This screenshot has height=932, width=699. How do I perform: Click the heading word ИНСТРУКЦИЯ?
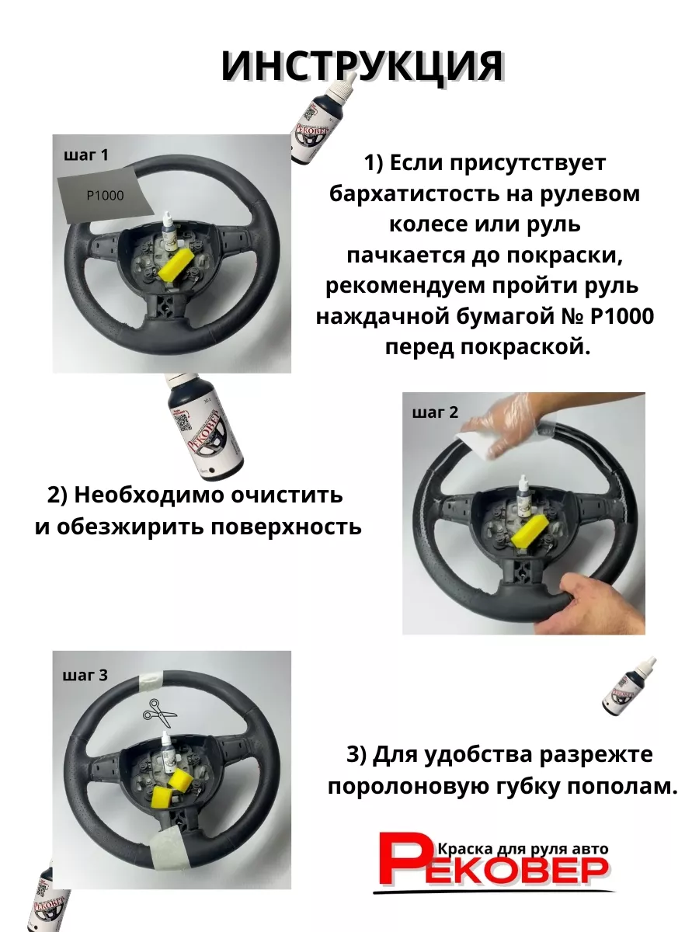362,67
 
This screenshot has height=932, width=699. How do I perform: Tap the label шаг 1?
86,155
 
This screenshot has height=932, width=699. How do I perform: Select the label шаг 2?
435,412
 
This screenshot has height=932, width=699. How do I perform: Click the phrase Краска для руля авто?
523,849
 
